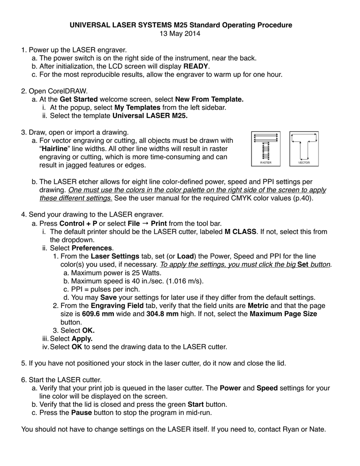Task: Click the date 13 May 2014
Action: pos(180,33)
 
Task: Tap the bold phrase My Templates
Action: pos(137,107)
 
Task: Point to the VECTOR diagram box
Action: pos(304,148)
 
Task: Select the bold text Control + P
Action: pos(78,223)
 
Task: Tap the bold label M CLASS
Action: pos(241,232)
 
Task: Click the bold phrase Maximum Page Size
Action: pos(284,314)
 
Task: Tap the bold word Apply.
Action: pos(82,339)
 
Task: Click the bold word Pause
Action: pos(81,413)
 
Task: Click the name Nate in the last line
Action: pos(317,429)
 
